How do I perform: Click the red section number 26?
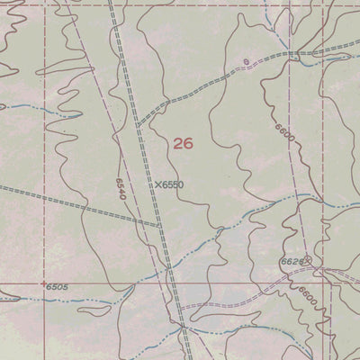[x=183, y=143]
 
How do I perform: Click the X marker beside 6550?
[x=157, y=184]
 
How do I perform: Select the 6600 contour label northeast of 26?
[x=286, y=134]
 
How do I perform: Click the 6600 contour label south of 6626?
[x=309, y=295]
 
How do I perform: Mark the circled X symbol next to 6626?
[x=307, y=261]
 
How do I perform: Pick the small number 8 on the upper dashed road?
[x=245, y=62]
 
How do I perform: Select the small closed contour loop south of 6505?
[x=92, y=312]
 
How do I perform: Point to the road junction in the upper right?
[x=293, y=54]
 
